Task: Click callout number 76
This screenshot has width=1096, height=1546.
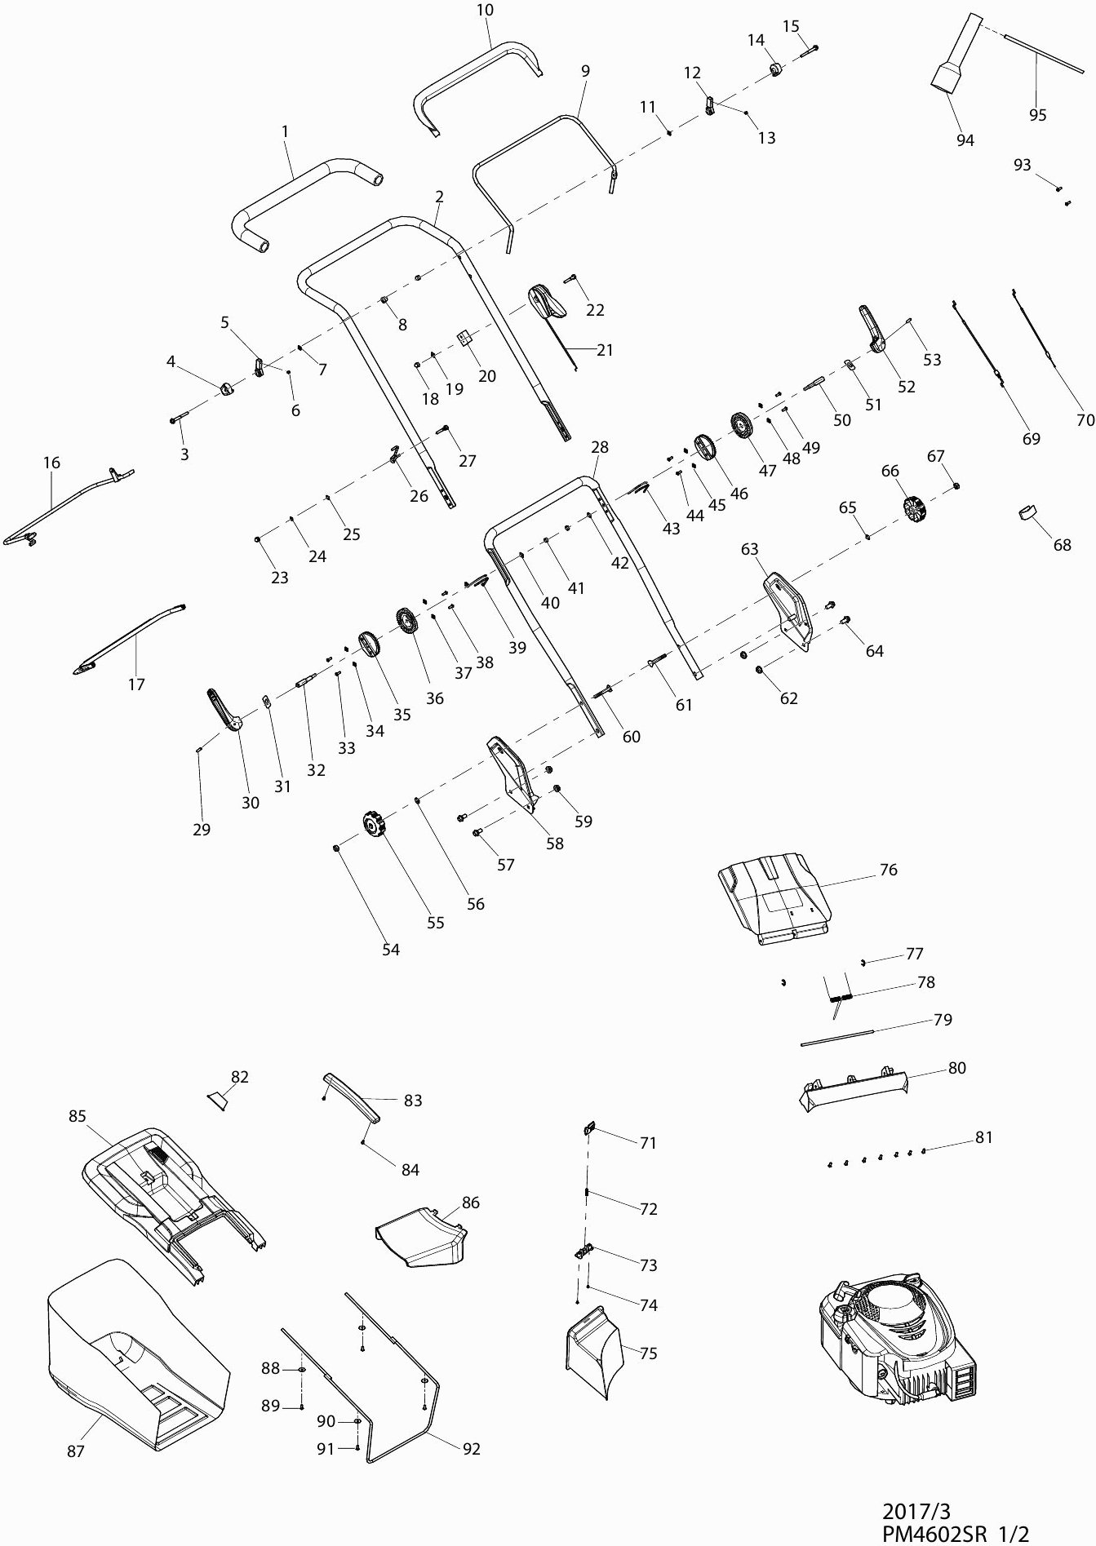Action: point(888,870)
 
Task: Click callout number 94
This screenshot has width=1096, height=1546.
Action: point(965,140)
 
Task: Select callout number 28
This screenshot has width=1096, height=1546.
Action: point(600,447)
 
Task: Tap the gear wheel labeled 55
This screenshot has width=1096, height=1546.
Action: point(373,826)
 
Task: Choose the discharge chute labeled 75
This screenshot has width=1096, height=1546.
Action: point(593,1351)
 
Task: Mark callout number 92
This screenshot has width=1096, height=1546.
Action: point(471,1449)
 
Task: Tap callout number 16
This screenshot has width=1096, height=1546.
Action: point(51,463)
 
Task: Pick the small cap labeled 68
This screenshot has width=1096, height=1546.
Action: point(1026,512)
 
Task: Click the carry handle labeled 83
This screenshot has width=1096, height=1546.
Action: point(352,1097)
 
